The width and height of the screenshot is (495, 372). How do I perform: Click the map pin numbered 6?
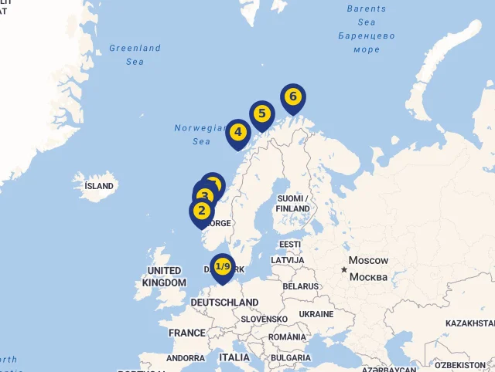[292, 97]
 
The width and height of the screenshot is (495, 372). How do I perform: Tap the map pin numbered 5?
[261, 114]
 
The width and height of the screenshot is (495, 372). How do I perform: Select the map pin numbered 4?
[237, 132]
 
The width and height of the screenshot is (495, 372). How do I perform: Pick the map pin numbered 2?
[202, 210]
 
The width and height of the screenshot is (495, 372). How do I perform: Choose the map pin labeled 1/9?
[223, 267]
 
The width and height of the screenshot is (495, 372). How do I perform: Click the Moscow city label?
[368, 261]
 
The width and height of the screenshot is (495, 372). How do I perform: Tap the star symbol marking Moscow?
[344, 269]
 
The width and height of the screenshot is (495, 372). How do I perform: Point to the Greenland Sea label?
[135, 54]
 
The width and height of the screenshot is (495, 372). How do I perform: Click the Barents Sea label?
[366, 16]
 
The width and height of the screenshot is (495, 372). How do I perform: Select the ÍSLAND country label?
[99, 186]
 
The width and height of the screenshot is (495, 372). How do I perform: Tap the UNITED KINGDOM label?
[164, 277]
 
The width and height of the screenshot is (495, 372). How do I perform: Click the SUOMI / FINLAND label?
[292, 204]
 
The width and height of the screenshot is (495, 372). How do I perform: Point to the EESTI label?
[290, 245]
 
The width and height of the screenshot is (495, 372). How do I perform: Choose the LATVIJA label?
[287, 260]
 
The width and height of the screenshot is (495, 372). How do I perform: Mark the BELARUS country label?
[300, 286]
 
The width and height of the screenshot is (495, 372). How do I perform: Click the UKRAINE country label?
[316, 314]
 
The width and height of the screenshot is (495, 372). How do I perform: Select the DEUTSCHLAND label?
[224, 303]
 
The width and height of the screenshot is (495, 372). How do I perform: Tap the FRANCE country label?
[187, 333]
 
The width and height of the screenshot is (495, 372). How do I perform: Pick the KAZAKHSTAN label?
[469, 323]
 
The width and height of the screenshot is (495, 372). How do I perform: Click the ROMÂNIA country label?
[288, 337]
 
